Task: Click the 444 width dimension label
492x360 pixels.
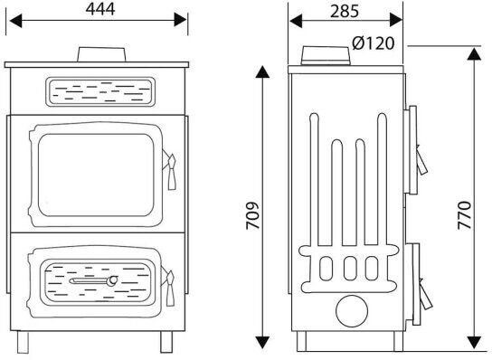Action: click(100, 9)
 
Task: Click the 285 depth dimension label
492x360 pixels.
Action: click(345, 11)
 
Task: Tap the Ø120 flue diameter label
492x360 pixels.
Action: click(374, 43)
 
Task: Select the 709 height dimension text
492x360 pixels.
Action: click(252, 215)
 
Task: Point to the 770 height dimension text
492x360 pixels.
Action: click(464, 215)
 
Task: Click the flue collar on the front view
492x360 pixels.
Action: click(101, 54)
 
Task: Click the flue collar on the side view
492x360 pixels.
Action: click(326, 55)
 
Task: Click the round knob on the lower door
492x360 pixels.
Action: click(112, 280)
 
